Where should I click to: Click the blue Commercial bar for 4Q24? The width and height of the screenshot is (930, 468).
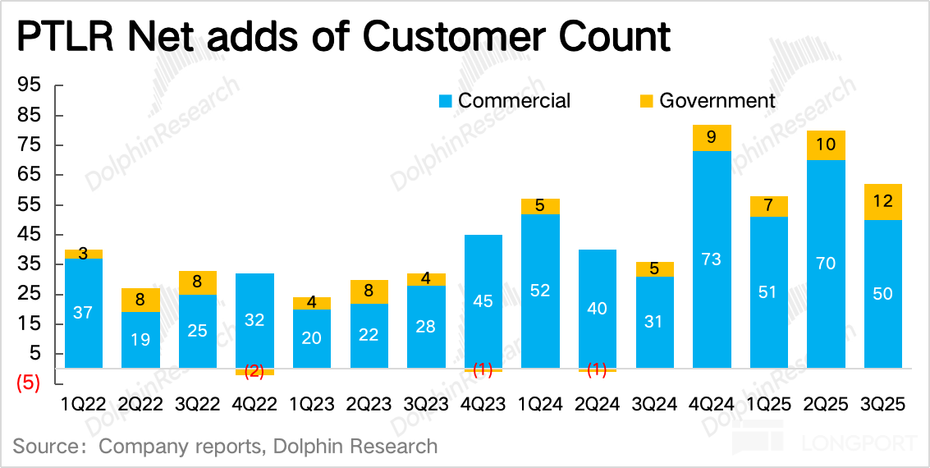point(712,259)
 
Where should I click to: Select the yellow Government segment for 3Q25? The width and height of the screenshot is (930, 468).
point(883,202)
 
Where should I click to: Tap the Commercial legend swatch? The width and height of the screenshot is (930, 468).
point(446,101)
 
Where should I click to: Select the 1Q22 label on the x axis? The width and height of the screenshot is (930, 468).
point(84,404)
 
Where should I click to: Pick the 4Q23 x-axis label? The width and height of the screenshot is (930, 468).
point(483,404)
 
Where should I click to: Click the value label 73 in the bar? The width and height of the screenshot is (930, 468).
point(712,259)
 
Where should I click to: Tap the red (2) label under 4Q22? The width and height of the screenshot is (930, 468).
point(254,370)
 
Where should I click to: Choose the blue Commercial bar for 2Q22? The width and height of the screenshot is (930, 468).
point(140,339)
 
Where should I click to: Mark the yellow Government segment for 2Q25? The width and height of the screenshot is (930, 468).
point(826,145)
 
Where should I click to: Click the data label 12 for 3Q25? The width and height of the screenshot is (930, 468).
point(883,202)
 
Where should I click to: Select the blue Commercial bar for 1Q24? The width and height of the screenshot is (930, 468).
point(540,291)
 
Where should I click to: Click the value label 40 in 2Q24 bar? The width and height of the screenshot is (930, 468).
point(598,308)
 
